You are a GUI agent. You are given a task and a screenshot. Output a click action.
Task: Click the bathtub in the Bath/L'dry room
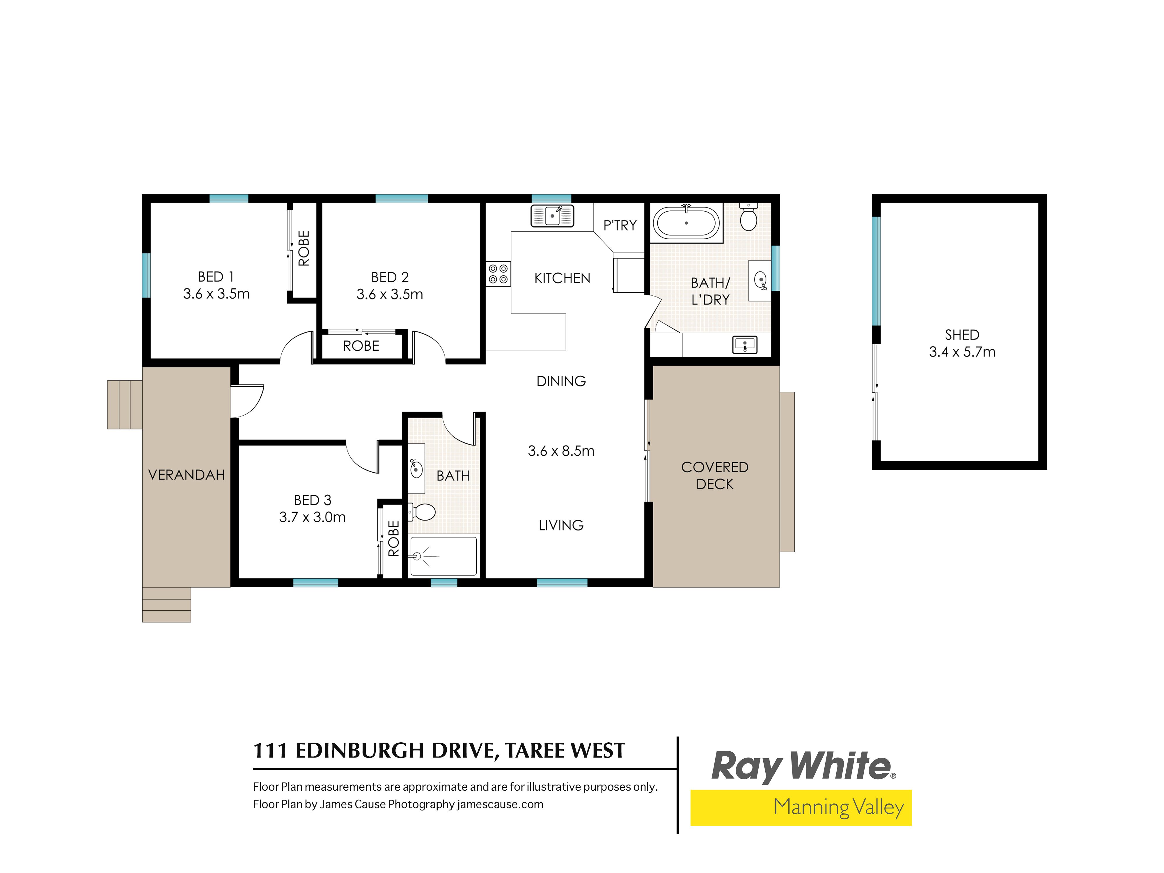pos(686,223)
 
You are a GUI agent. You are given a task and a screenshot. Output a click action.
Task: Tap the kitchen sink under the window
pos(552,216)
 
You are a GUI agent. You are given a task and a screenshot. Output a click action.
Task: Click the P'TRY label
pos(620,226)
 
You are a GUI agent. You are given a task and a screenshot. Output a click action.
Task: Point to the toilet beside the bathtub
pos(748,218)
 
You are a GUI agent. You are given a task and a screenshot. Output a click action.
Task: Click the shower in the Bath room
pos(443,556)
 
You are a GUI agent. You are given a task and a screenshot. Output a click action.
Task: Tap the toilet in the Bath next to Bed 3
pos(423,512)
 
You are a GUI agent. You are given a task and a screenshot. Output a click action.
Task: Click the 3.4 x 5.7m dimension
pos(962,352)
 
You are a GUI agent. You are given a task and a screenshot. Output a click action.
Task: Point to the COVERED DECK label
pos(715,475)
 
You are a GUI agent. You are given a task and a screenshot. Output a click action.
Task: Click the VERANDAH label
pos(186,475)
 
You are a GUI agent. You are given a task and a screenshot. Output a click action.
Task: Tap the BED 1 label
pos(216,277)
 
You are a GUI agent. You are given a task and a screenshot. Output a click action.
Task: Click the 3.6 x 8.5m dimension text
pos(561,451)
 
